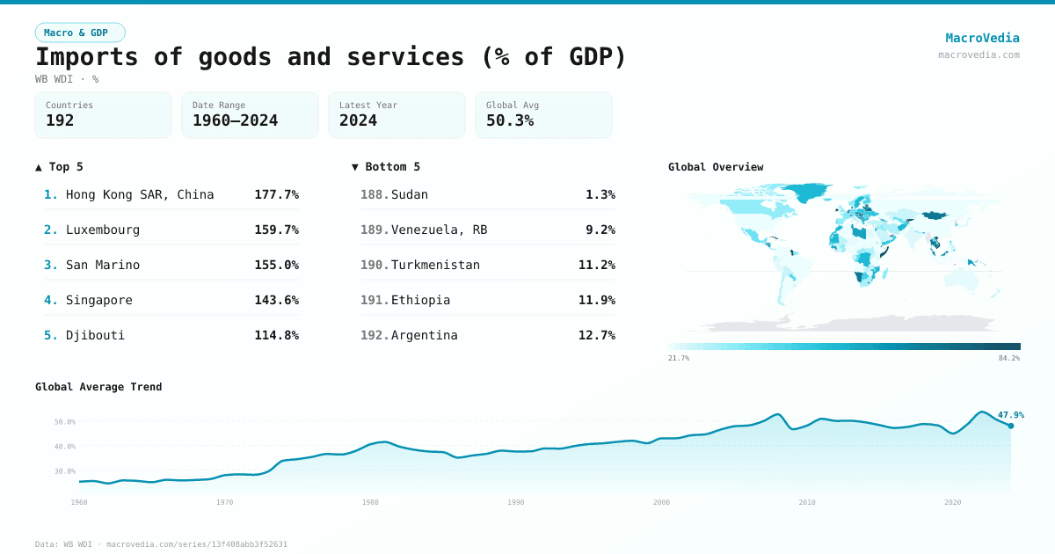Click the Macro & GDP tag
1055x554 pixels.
coord(80,33)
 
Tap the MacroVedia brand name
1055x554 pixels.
coord(982,38)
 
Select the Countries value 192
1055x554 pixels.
coord(60,120)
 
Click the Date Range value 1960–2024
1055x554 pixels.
coord(235,120)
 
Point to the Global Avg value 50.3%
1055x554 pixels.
coord(510,120)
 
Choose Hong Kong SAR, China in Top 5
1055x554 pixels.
coord(140,194)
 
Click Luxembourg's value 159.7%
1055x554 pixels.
coord(276,230)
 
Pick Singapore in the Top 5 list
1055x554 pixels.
coord(99,300)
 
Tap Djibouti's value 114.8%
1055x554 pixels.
coord(276,335)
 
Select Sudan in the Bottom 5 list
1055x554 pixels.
coord(410,194)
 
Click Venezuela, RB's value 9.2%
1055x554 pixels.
coord(600,230)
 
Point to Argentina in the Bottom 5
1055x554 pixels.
coord(425,335)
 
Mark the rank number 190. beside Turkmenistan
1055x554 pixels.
coord(375,265)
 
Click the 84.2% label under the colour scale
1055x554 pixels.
coord(1009,358)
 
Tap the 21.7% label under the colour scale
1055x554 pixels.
coord(679,358)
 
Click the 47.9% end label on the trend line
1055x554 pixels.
coord(1010,415)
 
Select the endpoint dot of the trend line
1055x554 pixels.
coord(1010,426)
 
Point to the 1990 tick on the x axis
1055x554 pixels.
coord(516,502)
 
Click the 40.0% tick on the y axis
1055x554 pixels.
coord(65,447)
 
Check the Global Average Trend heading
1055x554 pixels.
coord(98,387)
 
